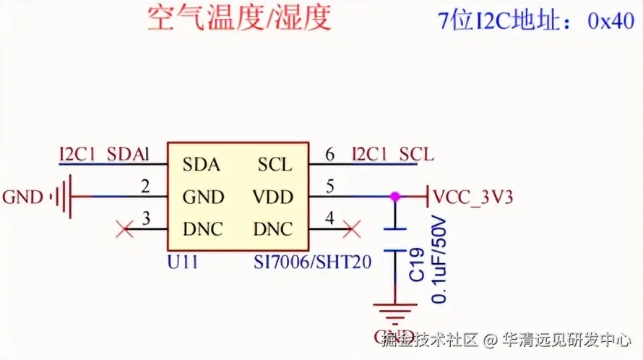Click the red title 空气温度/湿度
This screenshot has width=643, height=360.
(239, 17)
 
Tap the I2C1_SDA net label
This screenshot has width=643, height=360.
(100, 154)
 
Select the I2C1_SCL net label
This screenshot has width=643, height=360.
(393, 154)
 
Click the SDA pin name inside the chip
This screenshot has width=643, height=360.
(201, 164)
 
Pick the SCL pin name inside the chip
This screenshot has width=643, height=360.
(275, 164)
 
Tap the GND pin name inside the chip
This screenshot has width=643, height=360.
(203, 197)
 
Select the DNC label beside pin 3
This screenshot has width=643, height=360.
(203, 230)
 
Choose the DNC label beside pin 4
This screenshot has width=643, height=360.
(273, 230)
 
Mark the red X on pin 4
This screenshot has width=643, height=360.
(353, 231)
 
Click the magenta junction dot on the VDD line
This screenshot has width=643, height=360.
(394, 196)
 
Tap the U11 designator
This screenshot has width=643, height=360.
(181, 260)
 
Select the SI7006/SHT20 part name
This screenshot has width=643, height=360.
(313, 261)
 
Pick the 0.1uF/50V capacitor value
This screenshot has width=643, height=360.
(438, 259)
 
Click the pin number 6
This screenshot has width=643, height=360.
(330, 154)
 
